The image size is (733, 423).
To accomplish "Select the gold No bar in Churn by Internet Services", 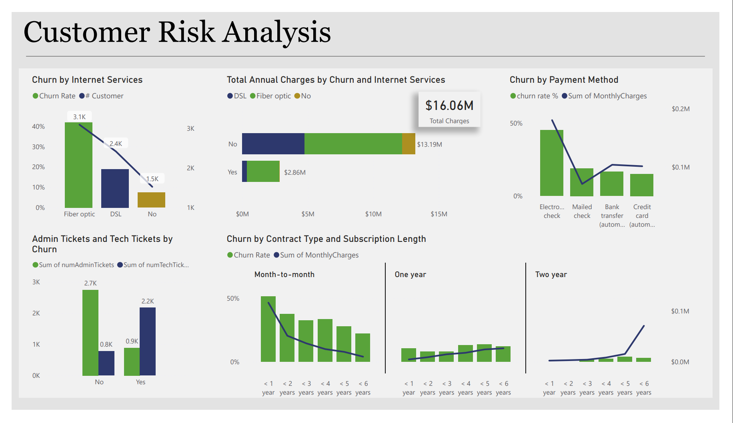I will click(151, 200).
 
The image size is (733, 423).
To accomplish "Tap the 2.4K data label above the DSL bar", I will click(116, 144).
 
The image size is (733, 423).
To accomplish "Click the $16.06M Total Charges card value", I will click(449, 106).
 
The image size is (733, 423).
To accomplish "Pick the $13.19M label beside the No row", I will click(429, 144).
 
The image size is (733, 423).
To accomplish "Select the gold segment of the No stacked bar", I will click(409, 144).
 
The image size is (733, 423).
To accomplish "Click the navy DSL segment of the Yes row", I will click(244, 172).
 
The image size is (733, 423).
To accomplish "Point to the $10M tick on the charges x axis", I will click(373, 214).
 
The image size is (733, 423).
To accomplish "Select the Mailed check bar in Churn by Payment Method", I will click(581, 182).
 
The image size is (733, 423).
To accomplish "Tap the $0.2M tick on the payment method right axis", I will click(680, 109).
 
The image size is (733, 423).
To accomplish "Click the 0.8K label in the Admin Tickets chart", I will click(106, 344).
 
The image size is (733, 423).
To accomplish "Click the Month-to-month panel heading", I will click(284, 275).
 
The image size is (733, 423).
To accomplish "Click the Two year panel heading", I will click(551, 275).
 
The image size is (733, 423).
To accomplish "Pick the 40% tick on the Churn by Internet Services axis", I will click(38, 126).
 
